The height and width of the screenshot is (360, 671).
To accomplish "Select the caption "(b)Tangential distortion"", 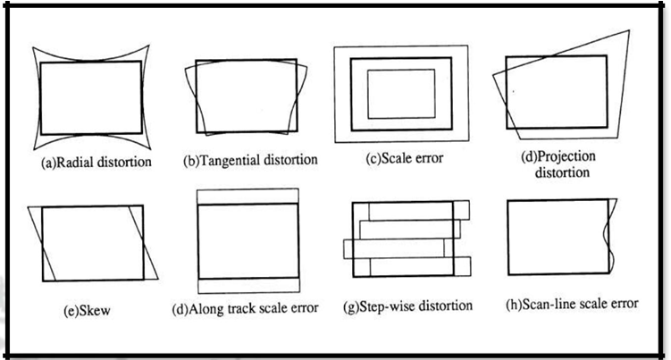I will point(249,161).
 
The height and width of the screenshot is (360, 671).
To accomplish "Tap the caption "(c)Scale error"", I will point(399,160).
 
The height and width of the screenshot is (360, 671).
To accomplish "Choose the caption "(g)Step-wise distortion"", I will point(407,306).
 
